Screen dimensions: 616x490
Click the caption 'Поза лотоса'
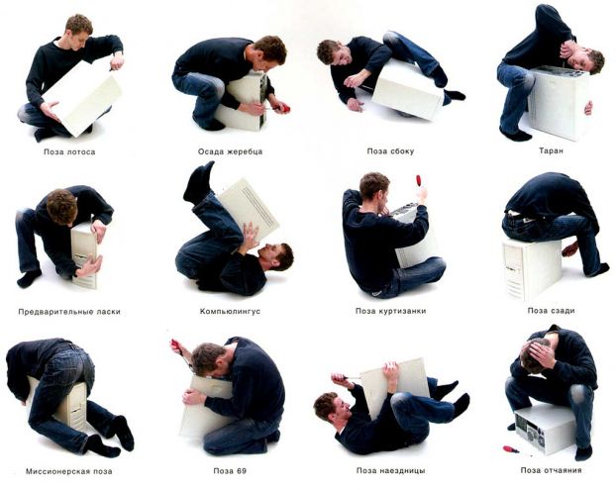click(69, 151)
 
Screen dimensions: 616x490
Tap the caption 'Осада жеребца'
click(230, 151)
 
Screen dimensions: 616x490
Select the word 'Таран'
click(552, 150)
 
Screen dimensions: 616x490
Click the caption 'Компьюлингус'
click(230, 312)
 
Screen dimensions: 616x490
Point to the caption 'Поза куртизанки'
click(390, 311)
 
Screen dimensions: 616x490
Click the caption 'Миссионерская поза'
click(69, 471)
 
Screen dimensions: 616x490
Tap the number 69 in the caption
click(242, 471)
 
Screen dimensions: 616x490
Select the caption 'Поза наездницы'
click(391, 470)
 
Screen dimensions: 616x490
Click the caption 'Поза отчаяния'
click(552, 470)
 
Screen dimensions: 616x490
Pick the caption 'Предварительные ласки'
click(69, 312)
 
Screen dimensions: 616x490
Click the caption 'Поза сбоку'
click(390, 151)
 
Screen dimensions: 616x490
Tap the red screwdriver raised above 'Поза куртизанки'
click(419, 182)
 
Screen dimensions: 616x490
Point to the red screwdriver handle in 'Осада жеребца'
click(285, 108)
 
